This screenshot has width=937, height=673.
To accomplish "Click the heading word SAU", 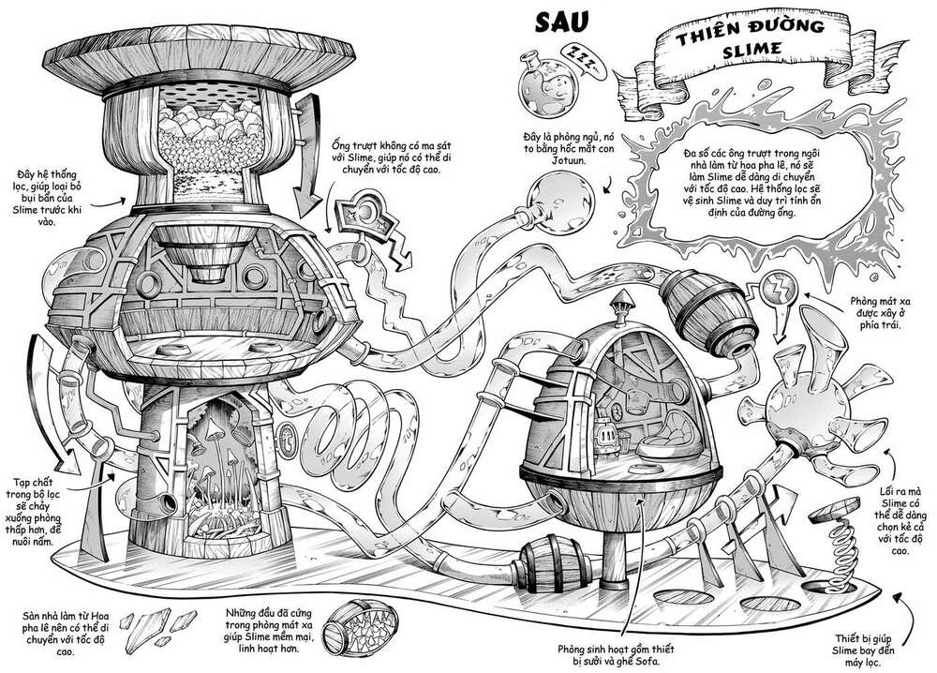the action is pyautogui.click(x=560, y=22).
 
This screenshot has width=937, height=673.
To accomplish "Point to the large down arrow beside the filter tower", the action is pyautogui.click(x=307, y=155).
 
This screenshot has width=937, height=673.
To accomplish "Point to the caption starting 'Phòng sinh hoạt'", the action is pyautogui.click(x=615, y=654).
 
